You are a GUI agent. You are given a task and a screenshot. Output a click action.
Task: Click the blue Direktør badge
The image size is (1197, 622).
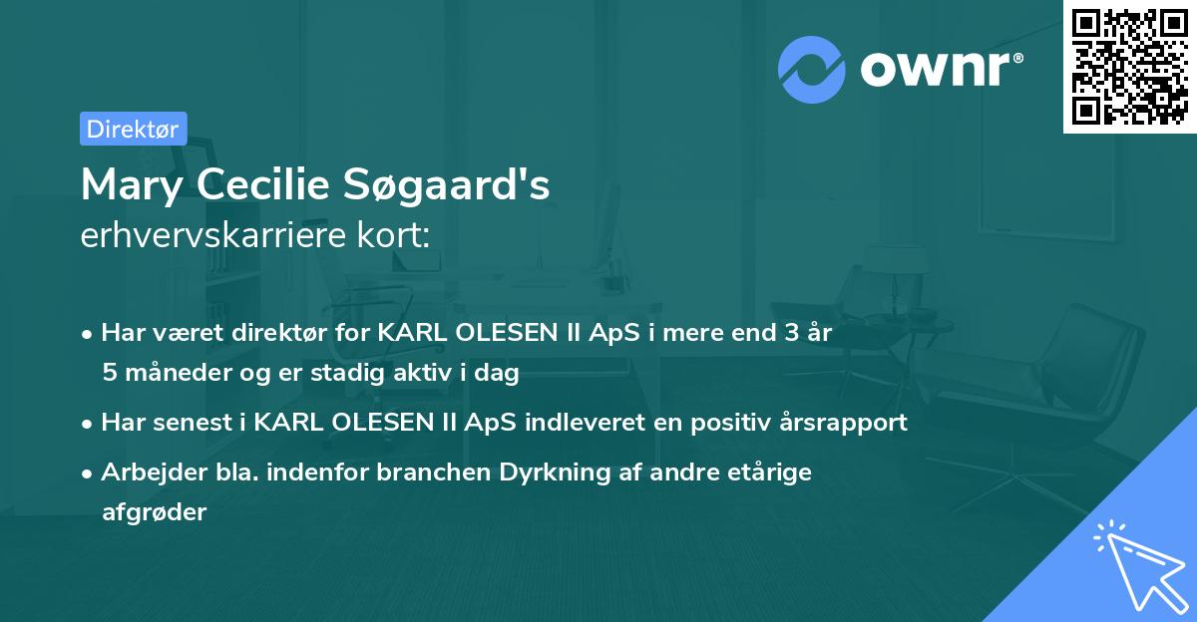[x=134, y=129]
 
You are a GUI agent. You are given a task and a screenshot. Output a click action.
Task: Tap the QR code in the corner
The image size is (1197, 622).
[x=1129, y=67]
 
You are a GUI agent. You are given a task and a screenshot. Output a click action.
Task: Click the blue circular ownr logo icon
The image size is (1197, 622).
[x=811, y=70]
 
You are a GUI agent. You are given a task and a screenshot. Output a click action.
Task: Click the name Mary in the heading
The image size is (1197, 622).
[x=132, y=185]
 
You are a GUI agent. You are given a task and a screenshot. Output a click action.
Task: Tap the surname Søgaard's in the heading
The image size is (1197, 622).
[x=446, y=185]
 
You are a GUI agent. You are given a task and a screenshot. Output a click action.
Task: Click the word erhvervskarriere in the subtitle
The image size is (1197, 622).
[x=213, y=234]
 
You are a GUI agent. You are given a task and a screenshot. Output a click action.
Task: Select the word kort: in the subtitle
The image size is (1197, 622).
[x=393, y=234]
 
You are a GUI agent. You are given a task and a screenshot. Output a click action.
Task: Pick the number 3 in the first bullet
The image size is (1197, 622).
[x=791, y=333]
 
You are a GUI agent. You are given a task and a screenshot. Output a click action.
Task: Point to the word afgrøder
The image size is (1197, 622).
[x=155, y=512]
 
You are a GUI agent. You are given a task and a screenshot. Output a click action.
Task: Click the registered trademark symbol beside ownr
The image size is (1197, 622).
[x=1017, y=58]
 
